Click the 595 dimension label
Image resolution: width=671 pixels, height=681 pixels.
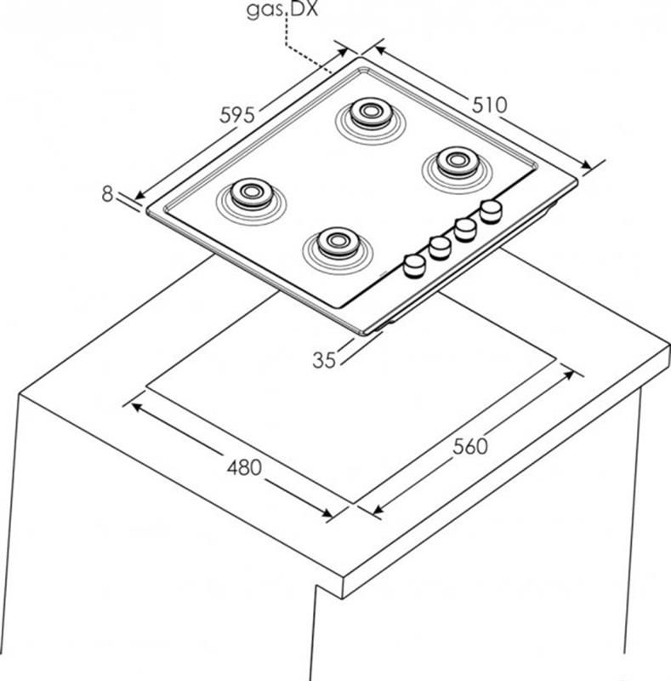tap(237, 115)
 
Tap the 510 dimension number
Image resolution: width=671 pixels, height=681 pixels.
tap(489, 105)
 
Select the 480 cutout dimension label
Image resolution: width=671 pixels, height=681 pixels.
tap(244, 467)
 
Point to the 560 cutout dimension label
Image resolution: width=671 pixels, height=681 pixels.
tap(470, 446)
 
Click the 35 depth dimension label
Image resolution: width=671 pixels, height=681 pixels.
tap(324, 360)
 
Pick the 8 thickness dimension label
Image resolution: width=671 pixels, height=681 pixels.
tap(107, 194)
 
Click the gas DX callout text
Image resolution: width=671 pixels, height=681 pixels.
tap(282, 9)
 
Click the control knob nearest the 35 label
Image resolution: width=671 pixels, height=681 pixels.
tap(414, 266)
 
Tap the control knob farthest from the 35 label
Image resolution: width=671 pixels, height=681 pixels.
tap(491, 211)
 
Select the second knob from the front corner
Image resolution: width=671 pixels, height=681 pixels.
tap(440, 248)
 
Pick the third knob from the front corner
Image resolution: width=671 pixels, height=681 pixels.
tap(465, 229)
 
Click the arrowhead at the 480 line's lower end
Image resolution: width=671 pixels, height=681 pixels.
tap(327, 513)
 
